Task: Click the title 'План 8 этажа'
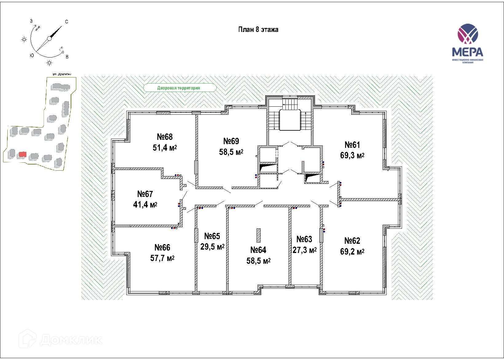click(x=258, y=30)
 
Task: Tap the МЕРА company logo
click(x=467, y=43)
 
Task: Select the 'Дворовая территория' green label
click(x=179, y=88)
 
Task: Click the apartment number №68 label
click(x=165, y=136)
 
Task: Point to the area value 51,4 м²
click(x=165, y=148)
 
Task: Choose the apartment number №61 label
click(x=352, y=144)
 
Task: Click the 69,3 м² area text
click(x=352, y=156)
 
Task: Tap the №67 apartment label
click(x=145, y=194)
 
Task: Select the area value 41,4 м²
click(x=145, y=204)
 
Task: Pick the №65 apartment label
click(x=212, y=236)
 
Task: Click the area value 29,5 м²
click(x=212, y=247)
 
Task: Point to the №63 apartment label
click(x=304, y=239)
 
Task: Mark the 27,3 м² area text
click(x=305, y=250)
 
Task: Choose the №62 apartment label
click(x=352, y=240)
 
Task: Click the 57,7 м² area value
click(x=162, y=258)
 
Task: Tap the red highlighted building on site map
click(x=22, y=154)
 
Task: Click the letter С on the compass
click(x=66, y=22)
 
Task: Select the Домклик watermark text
click(x=71, y=340)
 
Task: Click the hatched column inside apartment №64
click(x=259, y=235)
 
